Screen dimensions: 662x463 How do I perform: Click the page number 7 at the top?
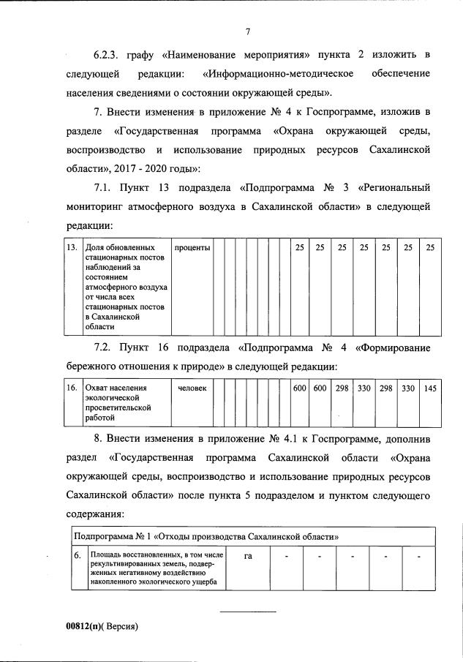click(248, 31)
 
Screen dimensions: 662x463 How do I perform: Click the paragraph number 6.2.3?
click(108, 56)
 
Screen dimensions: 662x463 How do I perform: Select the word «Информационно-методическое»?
click(279, 75)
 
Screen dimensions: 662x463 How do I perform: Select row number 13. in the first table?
click(72, 248)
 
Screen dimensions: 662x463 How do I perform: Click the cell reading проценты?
click(192, 248)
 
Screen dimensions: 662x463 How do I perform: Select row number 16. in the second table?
click(72, 388)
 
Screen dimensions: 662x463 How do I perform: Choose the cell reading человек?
click(192, 388)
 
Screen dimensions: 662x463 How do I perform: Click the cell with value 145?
click(430, 388)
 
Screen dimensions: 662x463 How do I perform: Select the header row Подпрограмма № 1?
click(211, 536)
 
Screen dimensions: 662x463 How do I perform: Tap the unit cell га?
click(248, 556)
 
